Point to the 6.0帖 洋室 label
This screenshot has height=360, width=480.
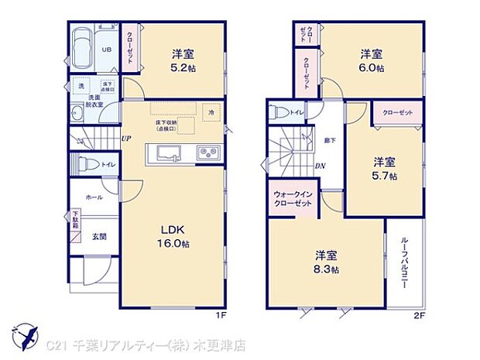pyautogui.click(x=372, y=60)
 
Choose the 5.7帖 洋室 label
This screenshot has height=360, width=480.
pyautogui.click(x=386, y=169)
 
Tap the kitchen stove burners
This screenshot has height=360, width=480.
pyautogui.click(x=207, y=151)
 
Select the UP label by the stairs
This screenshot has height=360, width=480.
pyautogui.click(x=125, y=139)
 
